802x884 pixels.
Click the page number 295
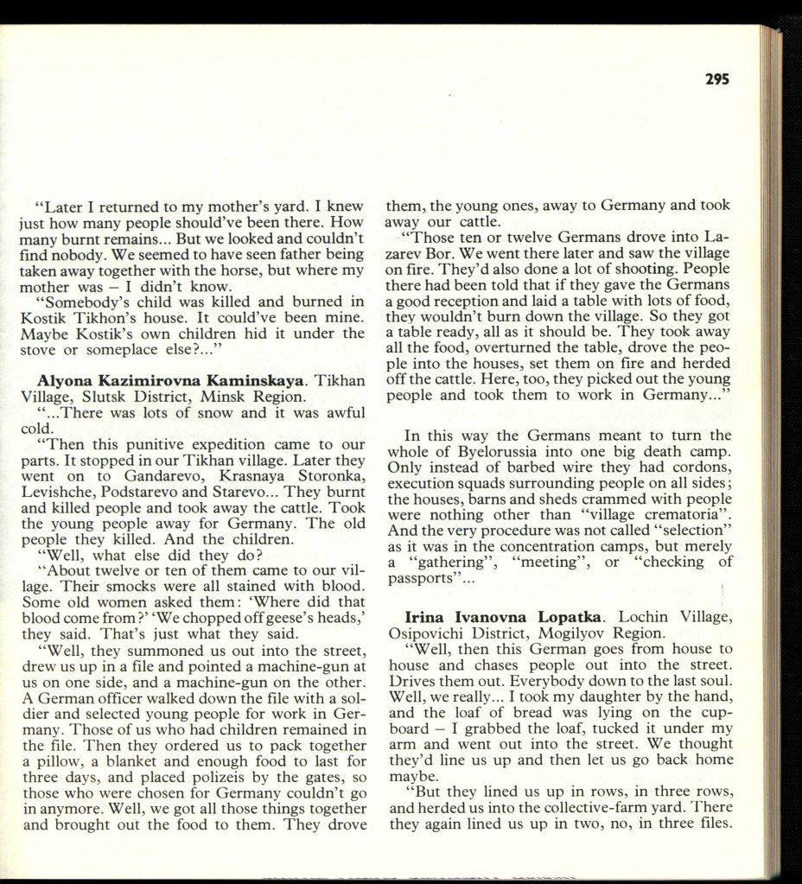click(716, 79)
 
